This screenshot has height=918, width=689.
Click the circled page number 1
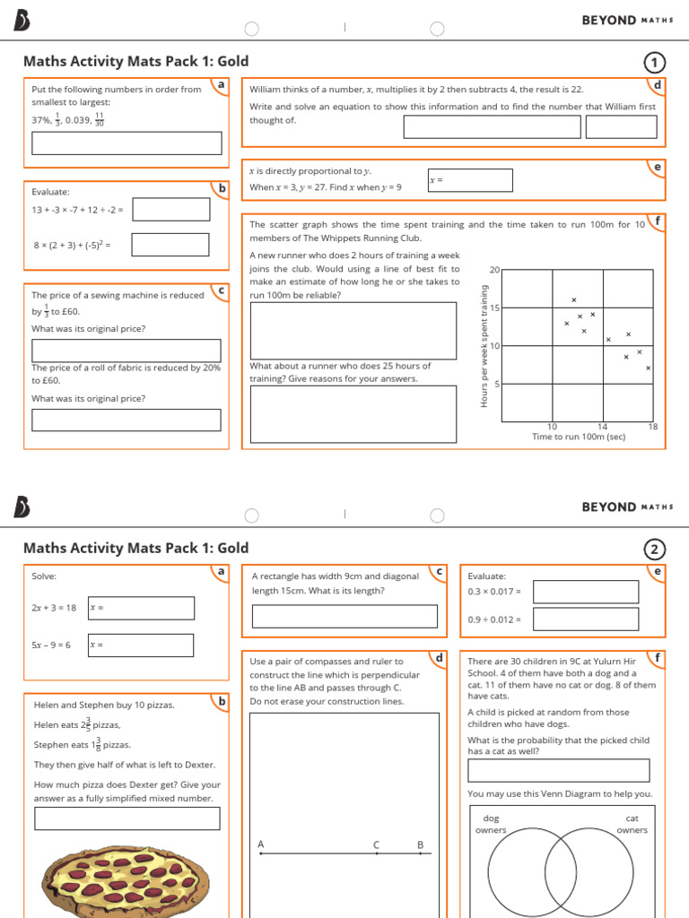[x=655, y=62]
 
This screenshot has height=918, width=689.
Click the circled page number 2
[x=655, y=550]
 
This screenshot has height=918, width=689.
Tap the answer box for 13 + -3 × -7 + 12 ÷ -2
[x=170, y=210]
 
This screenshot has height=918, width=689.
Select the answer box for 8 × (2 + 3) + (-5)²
[x=170, y=245]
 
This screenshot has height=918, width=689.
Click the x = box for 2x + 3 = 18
[x=140, y=608]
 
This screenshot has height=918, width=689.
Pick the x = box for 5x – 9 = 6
[x=140, y=645]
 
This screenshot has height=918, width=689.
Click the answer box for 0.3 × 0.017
[x=586, y=592]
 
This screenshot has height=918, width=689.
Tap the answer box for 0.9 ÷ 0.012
[x=586, y=619]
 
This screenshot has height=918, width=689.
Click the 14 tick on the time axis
[x=602, y=427]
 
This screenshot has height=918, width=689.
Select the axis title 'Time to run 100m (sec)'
[x=579, y=437]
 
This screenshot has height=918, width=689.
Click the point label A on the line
[x=261, y=844]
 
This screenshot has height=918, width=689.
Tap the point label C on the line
[x=377, y=844]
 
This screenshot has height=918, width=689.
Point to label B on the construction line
[x=420, y=844]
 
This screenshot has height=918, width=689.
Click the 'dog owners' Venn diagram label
[x=491, y=824]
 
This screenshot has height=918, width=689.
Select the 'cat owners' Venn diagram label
[x=632, y=824]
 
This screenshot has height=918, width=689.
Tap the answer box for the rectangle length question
[x=344, y=616]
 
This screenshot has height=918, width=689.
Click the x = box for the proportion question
[x=470, y=180]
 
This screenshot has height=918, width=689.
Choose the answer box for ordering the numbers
[x=126, y=143]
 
